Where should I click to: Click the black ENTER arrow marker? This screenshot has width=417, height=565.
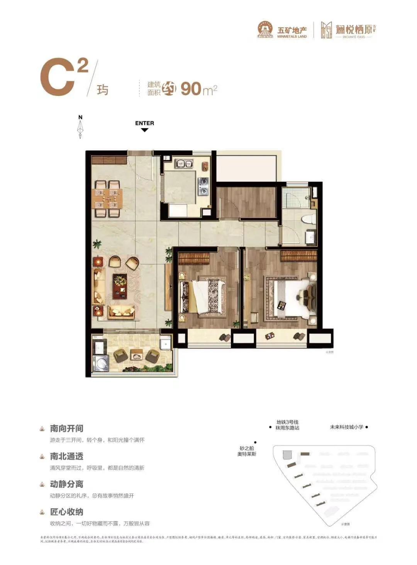pyautogui.click(x=144, y=130)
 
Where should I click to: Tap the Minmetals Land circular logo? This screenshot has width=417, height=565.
pyautogui.click(x=265, y=30)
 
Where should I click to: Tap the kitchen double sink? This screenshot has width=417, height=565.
pyautogui.click(x=184, y=164)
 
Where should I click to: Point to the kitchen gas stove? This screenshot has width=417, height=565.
pyautogui.click(x=203, y=186)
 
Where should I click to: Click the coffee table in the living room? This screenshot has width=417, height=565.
pyautogui.click(x=120, y=286)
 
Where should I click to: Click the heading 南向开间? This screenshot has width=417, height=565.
pyautogui.click(x=66, y=429)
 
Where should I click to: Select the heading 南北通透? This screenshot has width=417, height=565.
pyautogui.click(x=66, y=456)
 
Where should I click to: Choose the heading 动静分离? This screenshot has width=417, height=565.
pyautogui.click(x=66, y=484)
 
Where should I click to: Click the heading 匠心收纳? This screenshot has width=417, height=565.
pyautogui.click(x=66, y=512)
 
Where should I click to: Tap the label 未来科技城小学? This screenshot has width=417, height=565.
pyautogui.click(x=346, y=427)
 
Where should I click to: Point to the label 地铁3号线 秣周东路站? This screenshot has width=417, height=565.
pyautogui.click(x=287, y=425)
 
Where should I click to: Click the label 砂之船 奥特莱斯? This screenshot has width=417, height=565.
pyautogui.click(x=247, y=451)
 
